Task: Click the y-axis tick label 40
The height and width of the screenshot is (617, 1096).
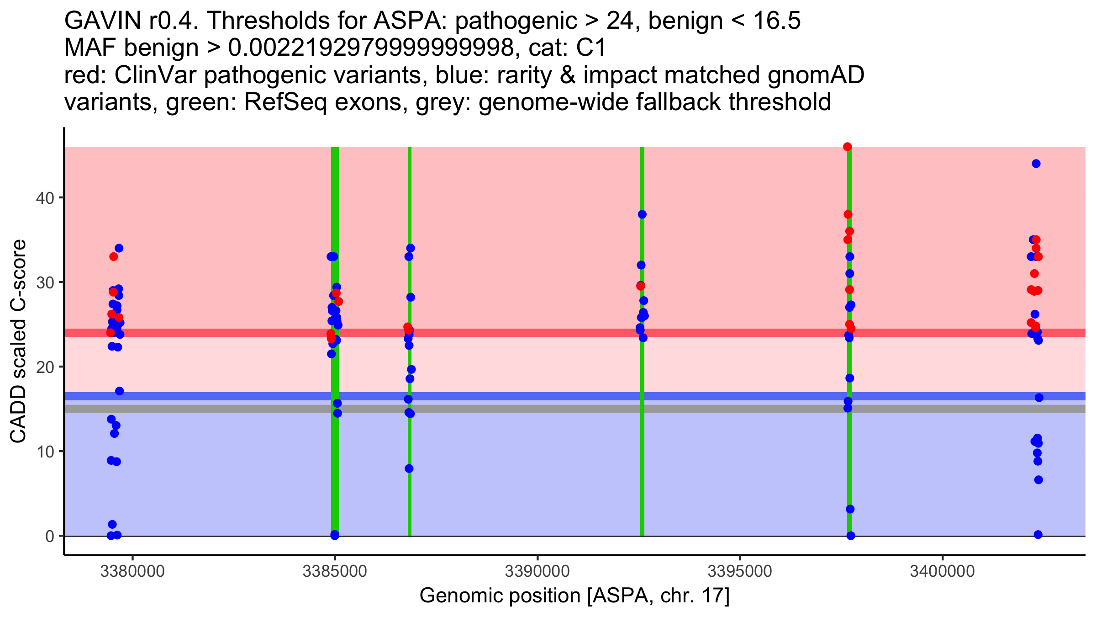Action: point(44,198)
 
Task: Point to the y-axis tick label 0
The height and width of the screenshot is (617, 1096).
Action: point(49,536)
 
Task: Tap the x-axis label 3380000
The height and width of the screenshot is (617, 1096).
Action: point(132,571)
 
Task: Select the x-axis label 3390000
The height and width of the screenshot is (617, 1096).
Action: point(537,571)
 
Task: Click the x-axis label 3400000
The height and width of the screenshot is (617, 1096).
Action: point(942,571)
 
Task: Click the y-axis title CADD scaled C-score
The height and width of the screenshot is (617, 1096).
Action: point(18,341)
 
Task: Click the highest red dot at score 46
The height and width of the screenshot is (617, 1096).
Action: point(848,147)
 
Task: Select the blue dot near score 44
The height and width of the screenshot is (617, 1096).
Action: point(1036,164)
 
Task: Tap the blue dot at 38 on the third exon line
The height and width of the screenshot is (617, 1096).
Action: point(642,214)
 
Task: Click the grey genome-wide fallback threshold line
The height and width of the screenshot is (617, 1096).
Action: point(502,409)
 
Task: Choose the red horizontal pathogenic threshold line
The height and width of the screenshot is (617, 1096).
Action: point(502,333)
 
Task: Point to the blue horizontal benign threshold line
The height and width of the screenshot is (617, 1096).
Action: point(502,396)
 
